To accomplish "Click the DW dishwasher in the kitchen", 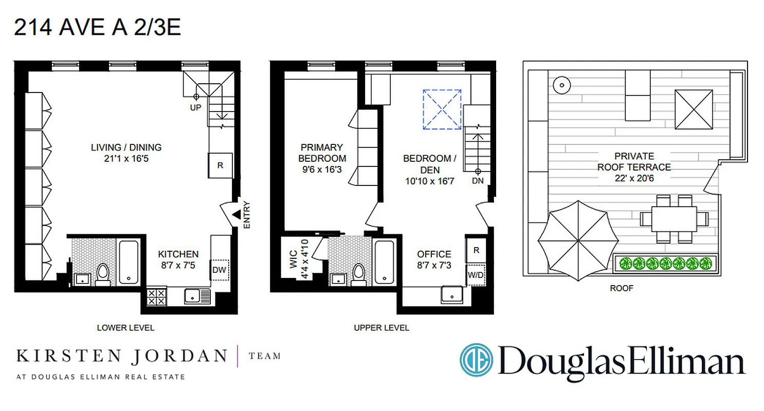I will coord(219,269).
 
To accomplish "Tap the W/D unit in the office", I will coord(476,275).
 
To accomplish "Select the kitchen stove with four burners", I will coord(156,297).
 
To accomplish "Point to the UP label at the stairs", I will coord(195,107).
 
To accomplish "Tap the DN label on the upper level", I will coord(478,180).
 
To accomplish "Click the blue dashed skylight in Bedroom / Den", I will coord(442,109).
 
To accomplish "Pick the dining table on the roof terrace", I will coord(674,219).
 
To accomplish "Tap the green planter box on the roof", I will coord(666,264).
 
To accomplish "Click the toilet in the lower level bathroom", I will coord(102,275).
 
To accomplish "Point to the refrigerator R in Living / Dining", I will coord(220,165).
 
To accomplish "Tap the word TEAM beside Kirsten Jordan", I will coord(265,356).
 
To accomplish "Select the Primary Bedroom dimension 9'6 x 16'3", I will coord(322,169).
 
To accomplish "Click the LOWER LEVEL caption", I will coord(125,327).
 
